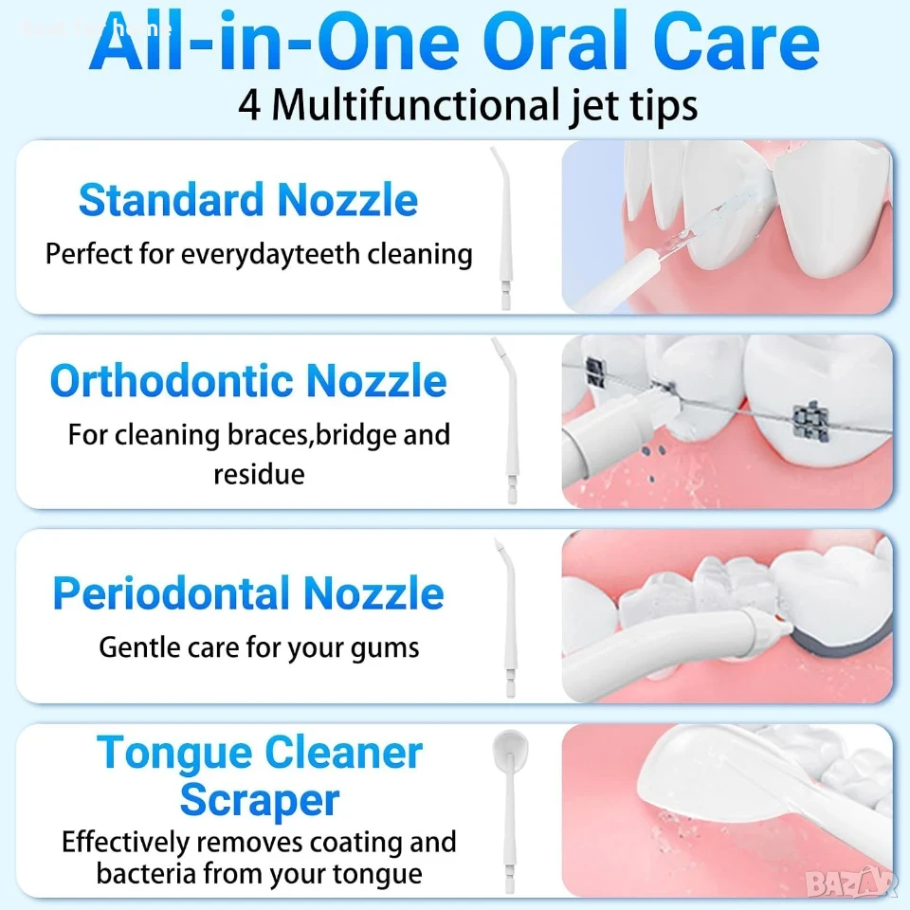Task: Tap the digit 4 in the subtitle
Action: click(x=249, y=105)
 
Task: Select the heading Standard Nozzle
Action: click(x=248, y=200)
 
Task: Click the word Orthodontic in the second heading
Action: click(x=172, y=381)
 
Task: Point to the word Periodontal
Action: click(x=172, y=593)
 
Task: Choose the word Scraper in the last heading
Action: click(x=260, y=801)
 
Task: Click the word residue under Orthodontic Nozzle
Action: click(x=259, y=474)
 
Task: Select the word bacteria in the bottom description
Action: click(x=146, y=873)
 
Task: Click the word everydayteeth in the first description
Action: click(x=270, y=255)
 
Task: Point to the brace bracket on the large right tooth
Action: click(x=810, y=422)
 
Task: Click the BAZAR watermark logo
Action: click(x=851, y=883)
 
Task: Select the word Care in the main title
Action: click(x=737, y=41)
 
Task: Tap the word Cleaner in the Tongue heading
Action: click(x=343, y=754)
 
